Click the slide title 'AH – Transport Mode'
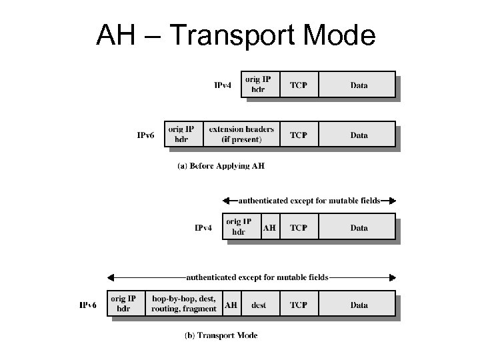(x=235, y=35)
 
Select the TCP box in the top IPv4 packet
(x=298, y=85)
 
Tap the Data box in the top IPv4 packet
(x=358, y=85)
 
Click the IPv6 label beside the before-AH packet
(x=146, y=135)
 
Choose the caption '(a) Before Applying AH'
(x=221, y=166)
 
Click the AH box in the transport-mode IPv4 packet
(x=269, y=227)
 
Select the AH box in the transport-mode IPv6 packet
(x=230, y=305)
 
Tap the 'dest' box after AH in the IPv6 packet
(x=259, y=305)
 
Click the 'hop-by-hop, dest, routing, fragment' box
(x=183, y=304)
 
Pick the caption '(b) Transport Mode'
(x=221, y=335)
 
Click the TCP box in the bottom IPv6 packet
(x=298, y=305)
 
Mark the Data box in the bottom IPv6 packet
(x=358, y=305)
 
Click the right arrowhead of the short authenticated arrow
(x=393, y=200)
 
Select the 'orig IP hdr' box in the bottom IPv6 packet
(x=123, y=304)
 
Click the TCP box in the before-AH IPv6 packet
(x=298, y=135)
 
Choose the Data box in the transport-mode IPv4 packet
(x=358, y=227)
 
